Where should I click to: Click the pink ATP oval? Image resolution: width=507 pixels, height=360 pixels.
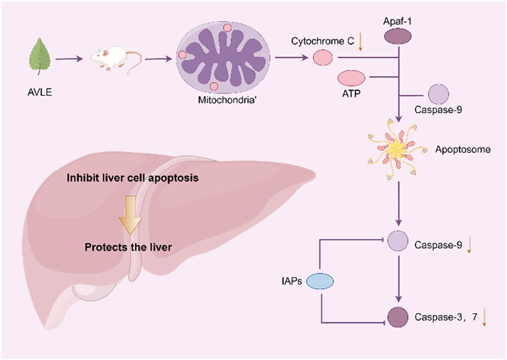pos(352,78)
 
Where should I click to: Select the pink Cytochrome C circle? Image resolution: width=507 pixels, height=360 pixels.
pos(322,57)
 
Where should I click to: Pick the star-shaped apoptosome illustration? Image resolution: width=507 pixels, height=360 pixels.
pos(398,149)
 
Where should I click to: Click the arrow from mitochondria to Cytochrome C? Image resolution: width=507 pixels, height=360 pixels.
pos(292,58)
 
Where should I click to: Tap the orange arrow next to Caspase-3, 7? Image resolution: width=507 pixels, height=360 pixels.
pos(484,317)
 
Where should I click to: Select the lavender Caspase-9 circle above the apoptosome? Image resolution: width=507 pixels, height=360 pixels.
pos(438,95)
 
